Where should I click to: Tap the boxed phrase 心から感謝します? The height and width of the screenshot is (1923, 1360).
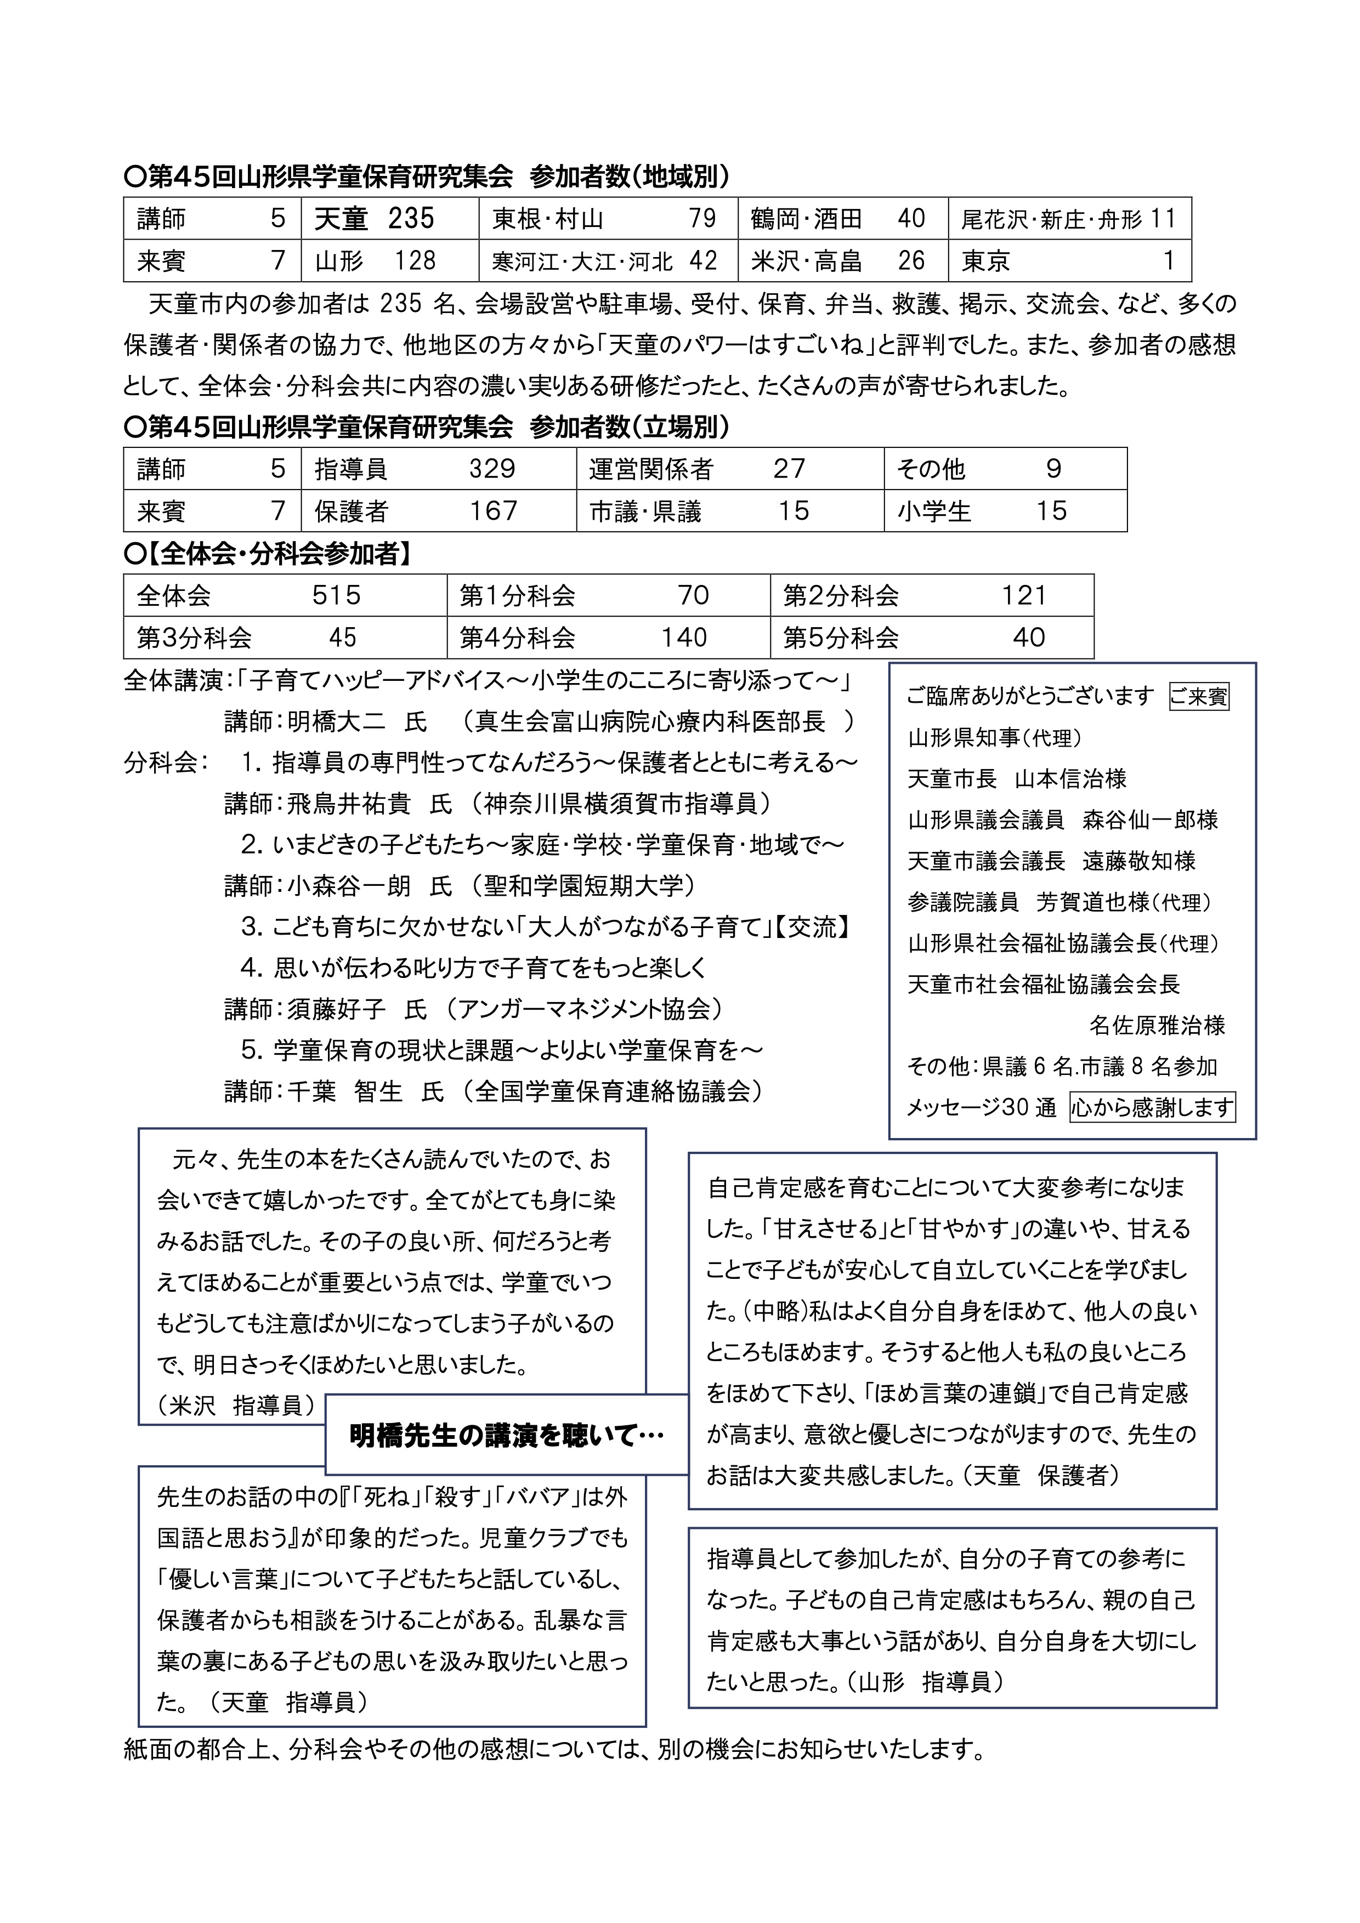tap(1152, 1107)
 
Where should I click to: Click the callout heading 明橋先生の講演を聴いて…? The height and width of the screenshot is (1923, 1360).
tap(506, 1436)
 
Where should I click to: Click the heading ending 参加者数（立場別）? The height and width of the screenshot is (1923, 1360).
tap(427, 427)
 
